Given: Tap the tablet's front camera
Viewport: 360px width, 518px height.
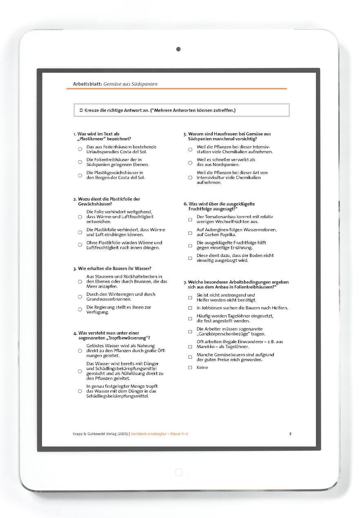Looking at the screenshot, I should [x=178, y=49].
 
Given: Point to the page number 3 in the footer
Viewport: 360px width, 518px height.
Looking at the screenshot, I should [x=290, y=434].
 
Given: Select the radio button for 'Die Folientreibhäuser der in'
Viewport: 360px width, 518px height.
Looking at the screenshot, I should [x=80, y=162].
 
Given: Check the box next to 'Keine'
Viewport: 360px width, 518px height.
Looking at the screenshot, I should [x=190, y=368].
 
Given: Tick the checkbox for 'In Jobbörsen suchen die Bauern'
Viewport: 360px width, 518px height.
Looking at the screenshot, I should [x=190, y=308].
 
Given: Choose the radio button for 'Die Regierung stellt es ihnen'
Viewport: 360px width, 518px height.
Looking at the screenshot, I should [x=80, y=310].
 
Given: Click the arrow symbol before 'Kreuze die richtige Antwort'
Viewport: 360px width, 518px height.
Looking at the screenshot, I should [x=81, y=110].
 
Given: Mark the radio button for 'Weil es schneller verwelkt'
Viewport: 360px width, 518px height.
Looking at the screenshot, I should [x=190, y=163].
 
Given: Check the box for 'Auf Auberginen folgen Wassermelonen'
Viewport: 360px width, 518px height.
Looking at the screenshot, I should [x=190, y=233].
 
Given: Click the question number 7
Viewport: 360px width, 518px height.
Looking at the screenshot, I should [x=185, y=282].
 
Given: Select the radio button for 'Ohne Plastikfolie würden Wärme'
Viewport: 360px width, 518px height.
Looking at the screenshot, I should [x=80, y=245].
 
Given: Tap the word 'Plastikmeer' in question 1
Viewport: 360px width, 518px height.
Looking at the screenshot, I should [x=92, y=139].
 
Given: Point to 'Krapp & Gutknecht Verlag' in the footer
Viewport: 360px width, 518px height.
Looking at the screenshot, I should [x=96, y=434].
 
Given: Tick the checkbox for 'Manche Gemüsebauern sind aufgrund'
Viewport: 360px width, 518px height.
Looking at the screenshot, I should [x=190, y=357].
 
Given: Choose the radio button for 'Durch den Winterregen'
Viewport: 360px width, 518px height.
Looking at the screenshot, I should [x=80, y=297].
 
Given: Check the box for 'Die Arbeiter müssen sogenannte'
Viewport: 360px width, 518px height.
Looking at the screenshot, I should [x=190, y=332].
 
